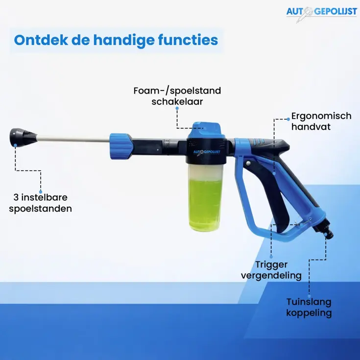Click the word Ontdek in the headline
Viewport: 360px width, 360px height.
[41, 40]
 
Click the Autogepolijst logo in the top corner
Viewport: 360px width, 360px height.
[322, 13]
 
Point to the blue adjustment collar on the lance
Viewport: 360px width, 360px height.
[121, 146]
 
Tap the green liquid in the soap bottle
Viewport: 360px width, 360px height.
[205, 204]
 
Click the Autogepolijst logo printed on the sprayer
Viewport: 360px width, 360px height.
[206, 152]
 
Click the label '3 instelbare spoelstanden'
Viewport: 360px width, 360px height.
[40, 203]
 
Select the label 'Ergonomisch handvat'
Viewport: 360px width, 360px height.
[321, 121]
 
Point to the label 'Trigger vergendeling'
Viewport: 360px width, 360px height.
[271, 270]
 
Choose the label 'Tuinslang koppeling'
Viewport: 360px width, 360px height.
[309, 307]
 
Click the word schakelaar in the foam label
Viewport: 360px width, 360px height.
[177, 102]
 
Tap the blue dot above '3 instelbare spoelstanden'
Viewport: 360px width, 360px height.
[41, 192]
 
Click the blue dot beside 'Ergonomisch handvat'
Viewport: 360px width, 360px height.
[288, 119]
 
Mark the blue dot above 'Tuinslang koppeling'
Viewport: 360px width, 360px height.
[309, 296]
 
